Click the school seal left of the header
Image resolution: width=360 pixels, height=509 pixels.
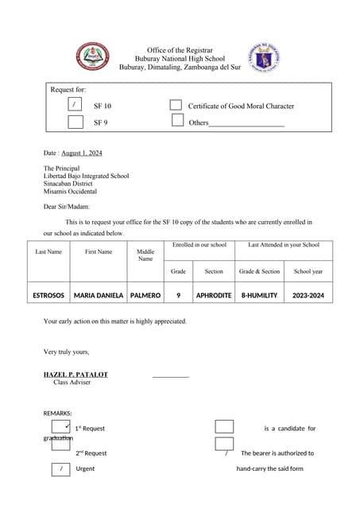pyautogui.click(x=93, y=56)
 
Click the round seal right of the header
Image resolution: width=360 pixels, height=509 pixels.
pyautogui.click(x=263, y=57)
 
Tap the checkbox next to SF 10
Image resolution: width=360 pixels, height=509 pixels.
pyautogui.click(x=75, y=105)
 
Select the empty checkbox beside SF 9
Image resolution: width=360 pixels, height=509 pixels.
pyautogui.click(x=75, y=122)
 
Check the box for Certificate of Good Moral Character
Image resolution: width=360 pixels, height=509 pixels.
pyautogui.click(x=176, y=105)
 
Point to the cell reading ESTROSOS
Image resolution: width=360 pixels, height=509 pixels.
pyautogui.click(x=48, y=295)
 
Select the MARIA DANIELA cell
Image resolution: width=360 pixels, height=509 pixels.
pyautogui.click(x=99, y=295)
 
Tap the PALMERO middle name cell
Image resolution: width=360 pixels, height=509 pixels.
pyautogui.click(x=145, y=295)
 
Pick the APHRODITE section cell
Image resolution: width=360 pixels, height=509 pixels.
pyautogui.click(x=214, y=295)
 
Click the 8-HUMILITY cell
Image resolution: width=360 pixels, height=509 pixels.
pyautogui.click(x=259, y=295)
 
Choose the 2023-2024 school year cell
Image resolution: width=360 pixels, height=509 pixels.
pyautogui.click(x=308, y=295)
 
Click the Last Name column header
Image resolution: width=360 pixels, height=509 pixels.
pyautogui.click(x=48, y=252)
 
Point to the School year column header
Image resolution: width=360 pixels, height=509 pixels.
pyautogui.click(x=308, y=271)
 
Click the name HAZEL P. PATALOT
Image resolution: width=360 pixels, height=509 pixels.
pyautogui.click(x=75, y=374)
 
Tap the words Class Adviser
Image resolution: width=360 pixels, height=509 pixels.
pyautogui.click(x=72, y=383)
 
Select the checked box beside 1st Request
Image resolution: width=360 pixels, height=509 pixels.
pyautogui.click(x=61, y=428)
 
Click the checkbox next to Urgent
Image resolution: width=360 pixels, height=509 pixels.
pyautogui.click(x=61, y=468)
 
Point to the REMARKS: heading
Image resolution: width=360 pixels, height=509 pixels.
pyautogui.click(x=57, y=414)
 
